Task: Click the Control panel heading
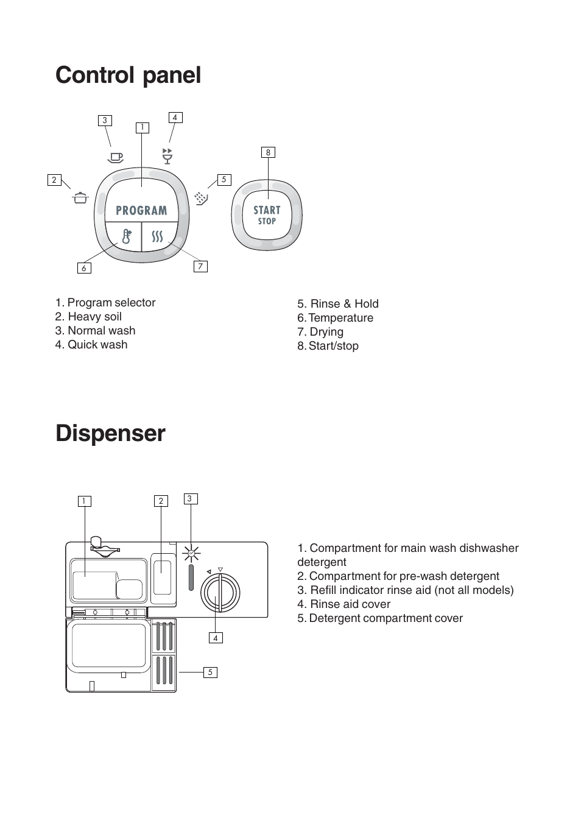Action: point(128,76)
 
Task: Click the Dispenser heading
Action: point(110,434)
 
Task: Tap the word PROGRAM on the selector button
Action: point(141,211)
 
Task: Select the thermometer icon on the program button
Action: point(126,236)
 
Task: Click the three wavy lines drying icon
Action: point(158,236)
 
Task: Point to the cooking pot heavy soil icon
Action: point(80,197)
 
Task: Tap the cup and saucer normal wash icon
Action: point(115,157)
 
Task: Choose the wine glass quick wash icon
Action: point(167,155)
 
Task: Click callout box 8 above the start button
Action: point(268,152)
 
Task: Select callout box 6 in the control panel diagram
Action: point(84,268)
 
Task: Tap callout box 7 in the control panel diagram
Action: point(200,266)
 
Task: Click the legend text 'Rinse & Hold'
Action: point(344,304)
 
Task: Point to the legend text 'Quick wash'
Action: point(97,345)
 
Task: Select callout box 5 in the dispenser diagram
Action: point(210,672)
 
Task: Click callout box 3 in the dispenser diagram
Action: point(189,499)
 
